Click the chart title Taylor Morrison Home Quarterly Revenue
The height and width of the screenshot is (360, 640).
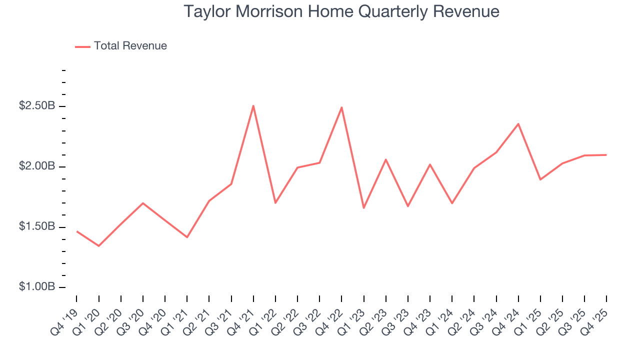(x=341, y=12)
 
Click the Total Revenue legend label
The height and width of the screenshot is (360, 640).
(x=130, y=46)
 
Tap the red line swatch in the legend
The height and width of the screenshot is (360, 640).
(x=82, y=46)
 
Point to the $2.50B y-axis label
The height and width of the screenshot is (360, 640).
(x=37, y=106)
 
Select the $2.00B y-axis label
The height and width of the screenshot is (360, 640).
(x=37, y=166)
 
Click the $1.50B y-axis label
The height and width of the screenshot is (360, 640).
(x=37, y=227)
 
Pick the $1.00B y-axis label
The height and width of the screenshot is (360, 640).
(x=37, y=287)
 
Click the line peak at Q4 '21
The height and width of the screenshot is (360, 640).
(x=253, y=105)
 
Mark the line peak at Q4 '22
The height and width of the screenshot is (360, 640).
(x=341, y=107)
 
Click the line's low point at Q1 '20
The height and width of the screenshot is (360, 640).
(x=98, y=246)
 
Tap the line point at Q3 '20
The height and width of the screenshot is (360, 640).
(x=143, y=203)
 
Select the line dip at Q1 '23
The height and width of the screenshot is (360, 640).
(x=363, y=208)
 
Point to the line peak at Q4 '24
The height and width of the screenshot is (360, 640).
(x=518, y=123)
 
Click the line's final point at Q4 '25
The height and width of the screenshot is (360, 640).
(x=606, y=155)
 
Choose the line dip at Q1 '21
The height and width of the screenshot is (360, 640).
(x=187, y=237)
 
